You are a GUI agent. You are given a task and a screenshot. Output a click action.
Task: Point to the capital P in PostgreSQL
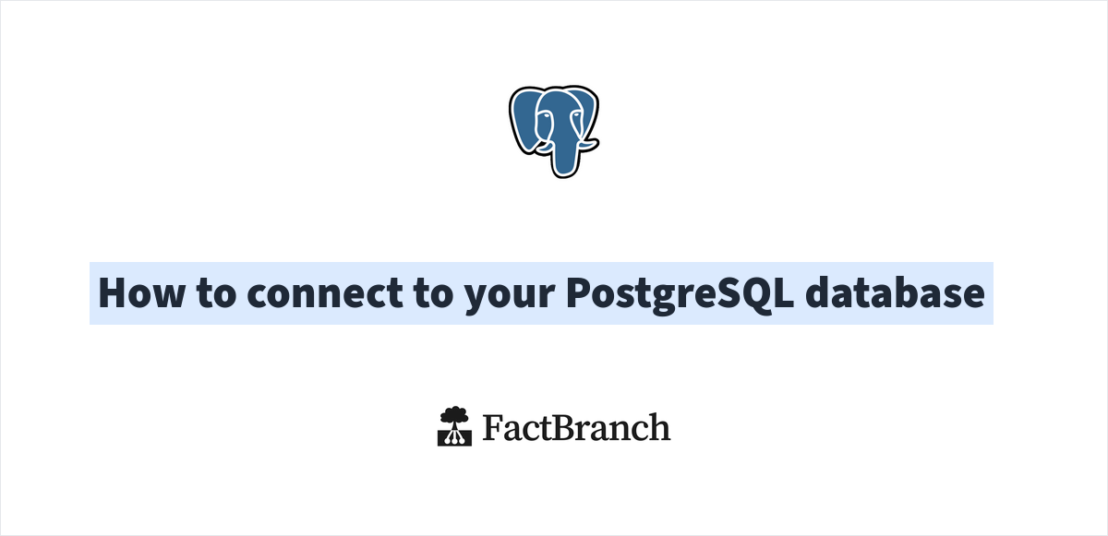click(x=578, y=293)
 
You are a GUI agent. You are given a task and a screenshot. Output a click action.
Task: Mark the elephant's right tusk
click(x=587, y=144)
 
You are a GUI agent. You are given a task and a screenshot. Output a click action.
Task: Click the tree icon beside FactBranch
click(x=454, y=427)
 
